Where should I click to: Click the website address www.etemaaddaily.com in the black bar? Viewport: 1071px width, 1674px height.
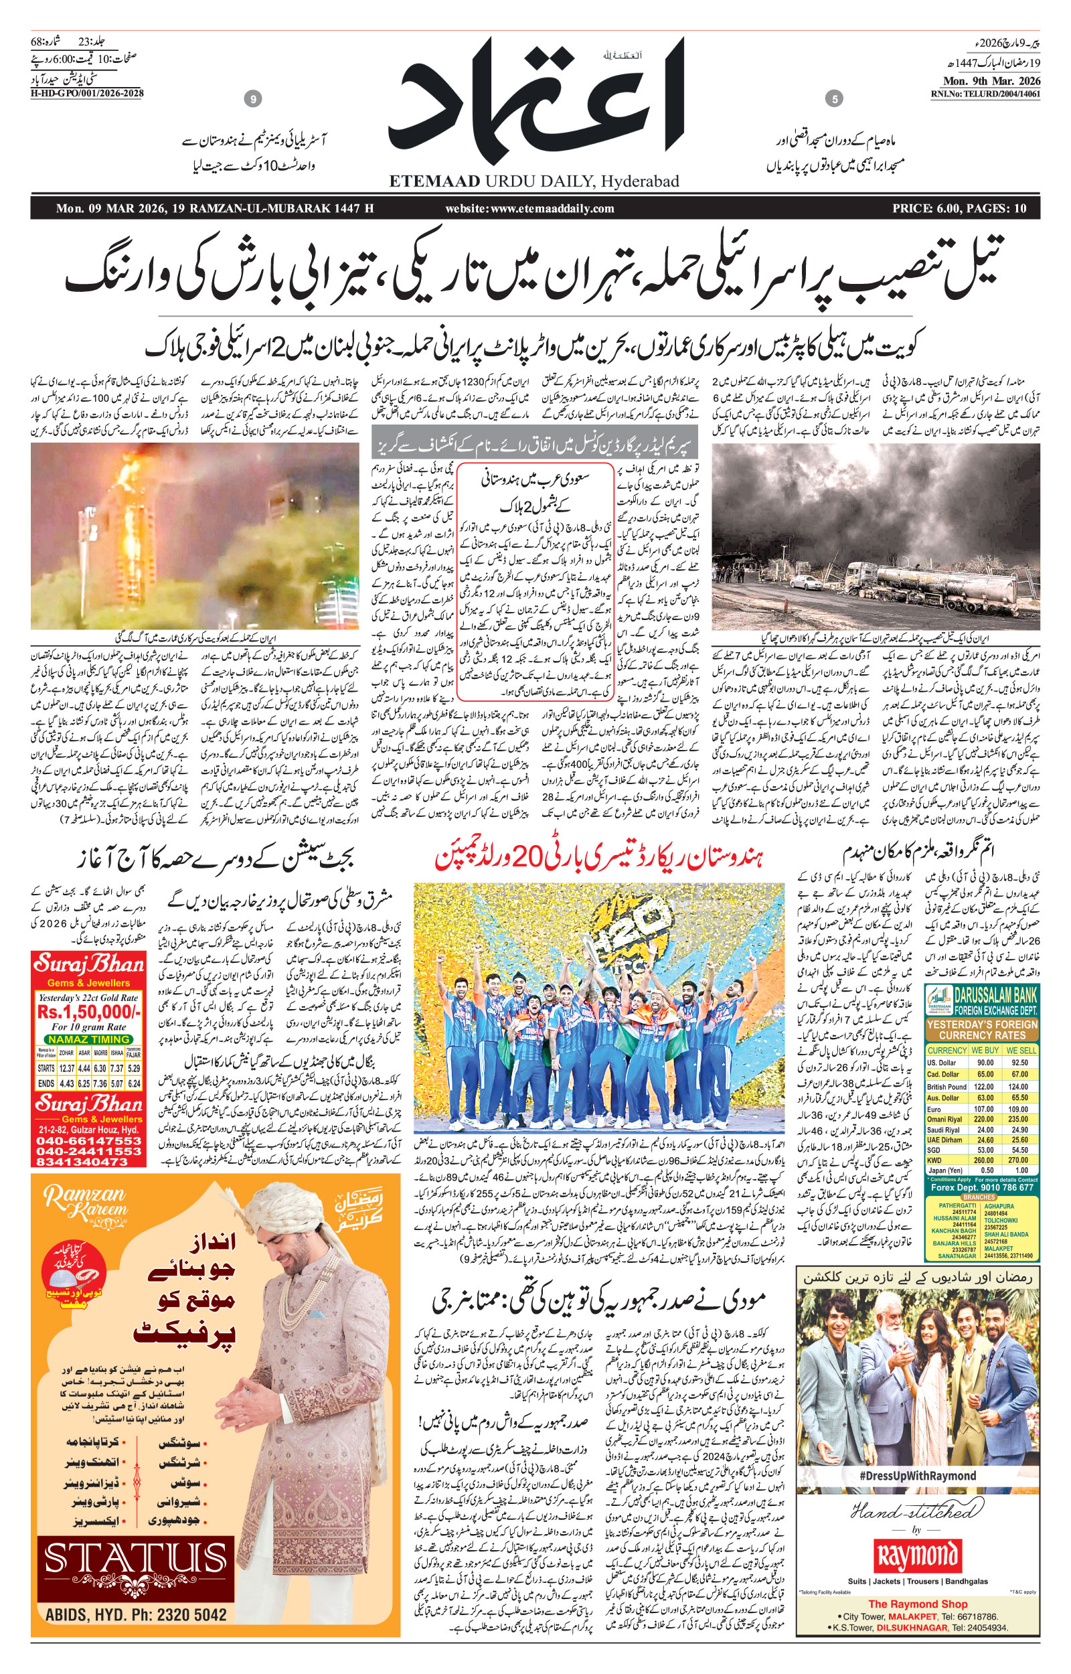[530, 208]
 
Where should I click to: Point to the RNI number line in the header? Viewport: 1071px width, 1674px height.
[985, 93]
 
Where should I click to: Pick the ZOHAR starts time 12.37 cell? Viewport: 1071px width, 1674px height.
[67, 1068]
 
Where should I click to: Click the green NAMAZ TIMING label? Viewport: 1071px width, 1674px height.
[89, 1039]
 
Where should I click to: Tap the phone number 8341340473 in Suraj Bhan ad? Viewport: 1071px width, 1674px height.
[84, 1162]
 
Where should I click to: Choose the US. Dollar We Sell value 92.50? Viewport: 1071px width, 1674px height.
[1020, 1063]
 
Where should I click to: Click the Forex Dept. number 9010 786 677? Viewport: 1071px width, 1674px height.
[1006, 1188]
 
